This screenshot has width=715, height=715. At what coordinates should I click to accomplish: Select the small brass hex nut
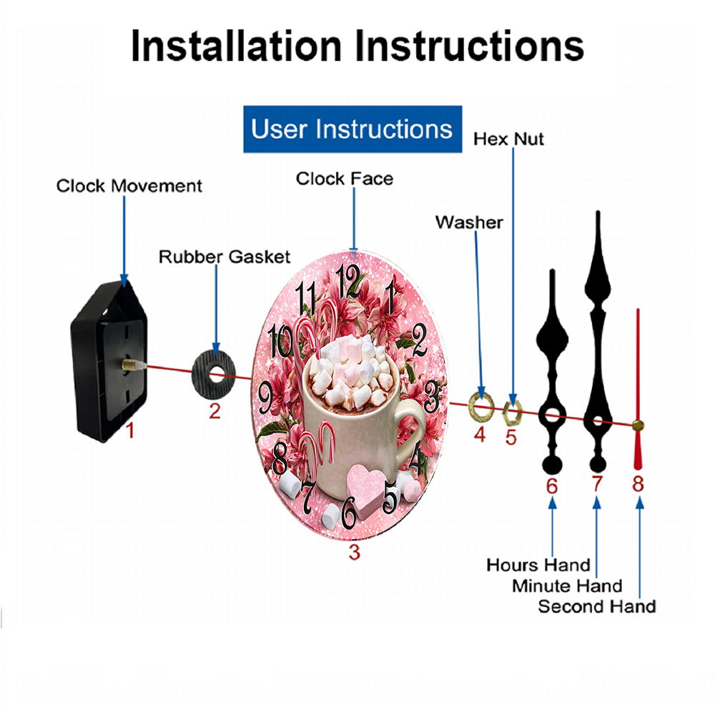click(512, 412)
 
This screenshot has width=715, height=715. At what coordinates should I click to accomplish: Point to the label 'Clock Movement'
click(129, 186)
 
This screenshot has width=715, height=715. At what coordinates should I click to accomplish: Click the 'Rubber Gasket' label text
click(225, 257)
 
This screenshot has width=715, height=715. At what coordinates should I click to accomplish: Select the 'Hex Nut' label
click(508, 139)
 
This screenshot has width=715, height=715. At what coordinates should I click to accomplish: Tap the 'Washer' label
click(469, 222)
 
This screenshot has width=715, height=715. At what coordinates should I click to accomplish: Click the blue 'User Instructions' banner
click(352, 129)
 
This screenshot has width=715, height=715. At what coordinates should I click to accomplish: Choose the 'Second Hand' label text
click(597, 606)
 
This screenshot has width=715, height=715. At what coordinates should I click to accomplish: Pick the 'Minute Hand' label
click(567, 586)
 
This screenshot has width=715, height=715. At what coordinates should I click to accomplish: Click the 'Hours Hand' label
click(538, 565)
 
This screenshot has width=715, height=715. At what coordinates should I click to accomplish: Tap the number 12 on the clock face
click(348, 282)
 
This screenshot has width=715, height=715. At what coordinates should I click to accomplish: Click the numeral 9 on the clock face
click(266, 398)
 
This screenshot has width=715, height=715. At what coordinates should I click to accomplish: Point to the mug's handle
click(410, 433)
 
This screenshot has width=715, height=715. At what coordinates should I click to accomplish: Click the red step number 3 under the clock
click(355, 552)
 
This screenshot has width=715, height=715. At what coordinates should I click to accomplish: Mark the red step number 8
click(638, 484)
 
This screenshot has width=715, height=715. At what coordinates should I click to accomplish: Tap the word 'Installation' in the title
click(236, 46)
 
